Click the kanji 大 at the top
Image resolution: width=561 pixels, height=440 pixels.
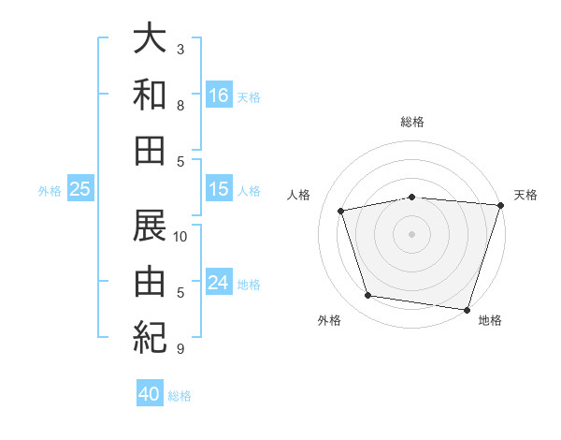tap(150, 39)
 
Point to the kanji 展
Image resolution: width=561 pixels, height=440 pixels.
tap(150, 225)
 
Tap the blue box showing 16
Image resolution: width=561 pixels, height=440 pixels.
tap(219, 95)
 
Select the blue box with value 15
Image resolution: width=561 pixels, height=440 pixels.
tap(219, 189)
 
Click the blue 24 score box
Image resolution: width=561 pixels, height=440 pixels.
tap(219, 283)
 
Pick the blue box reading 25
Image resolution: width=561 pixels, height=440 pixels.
tap(80, 189)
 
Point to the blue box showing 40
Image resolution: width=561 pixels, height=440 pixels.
tap(150, 394)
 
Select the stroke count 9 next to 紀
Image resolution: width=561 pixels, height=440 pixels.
tap(180, 349)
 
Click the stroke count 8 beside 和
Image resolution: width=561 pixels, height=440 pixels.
tap(180, 106)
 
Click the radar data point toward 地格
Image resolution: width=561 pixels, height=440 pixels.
tap(467, 309)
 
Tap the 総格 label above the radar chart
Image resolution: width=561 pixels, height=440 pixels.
tap(411, 122)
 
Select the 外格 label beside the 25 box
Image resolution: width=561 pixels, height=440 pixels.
tap(50, 191)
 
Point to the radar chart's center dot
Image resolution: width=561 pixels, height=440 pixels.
tap(411, 233)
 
